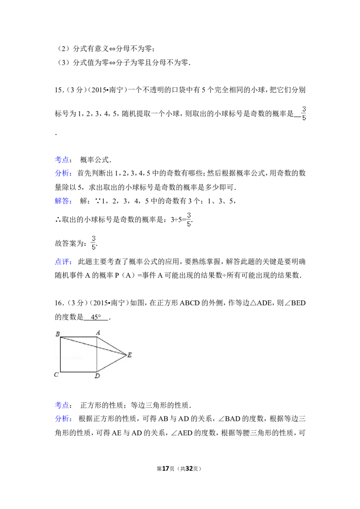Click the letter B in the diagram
tap(58, 334)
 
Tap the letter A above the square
tap(98, 332)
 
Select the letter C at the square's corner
tap(57, 375)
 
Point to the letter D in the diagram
tap(97, 376)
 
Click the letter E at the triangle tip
tap(130, 355)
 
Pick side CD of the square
tap(79, 372)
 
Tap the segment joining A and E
tap(112, 346)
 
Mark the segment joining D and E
tap(112, 363)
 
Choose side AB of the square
tap(79, 337)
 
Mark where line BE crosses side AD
tap(97, 347)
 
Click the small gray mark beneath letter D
tap(95, 380)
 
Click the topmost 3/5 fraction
tap(303, 113)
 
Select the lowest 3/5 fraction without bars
tap(94, 242)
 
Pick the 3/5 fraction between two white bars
tap(188, 219)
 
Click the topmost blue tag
tap(62, 159)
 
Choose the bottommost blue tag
tap(63, 419)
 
